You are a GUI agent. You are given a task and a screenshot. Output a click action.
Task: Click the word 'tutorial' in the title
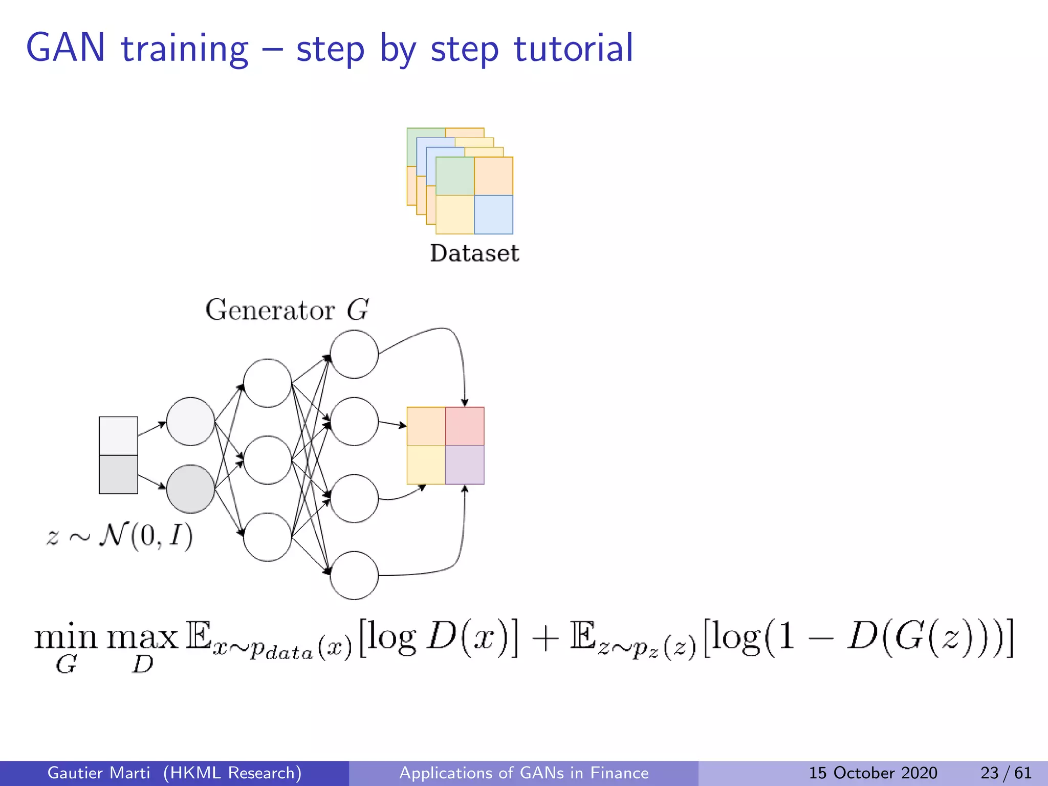point(573,48)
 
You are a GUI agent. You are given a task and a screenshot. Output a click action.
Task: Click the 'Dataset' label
point(474,253)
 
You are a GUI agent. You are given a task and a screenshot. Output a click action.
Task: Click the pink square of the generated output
point(465,426)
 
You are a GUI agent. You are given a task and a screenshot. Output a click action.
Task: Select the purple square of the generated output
point(465,465)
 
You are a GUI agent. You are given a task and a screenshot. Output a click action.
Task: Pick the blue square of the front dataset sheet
point(493,214)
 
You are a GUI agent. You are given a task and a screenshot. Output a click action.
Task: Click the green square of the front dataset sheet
point(455,176)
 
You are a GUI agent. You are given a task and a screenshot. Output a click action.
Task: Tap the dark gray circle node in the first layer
point(190,489)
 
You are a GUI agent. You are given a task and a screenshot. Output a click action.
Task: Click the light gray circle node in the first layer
point(190,421)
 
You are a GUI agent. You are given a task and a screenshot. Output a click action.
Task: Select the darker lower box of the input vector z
point(118,474)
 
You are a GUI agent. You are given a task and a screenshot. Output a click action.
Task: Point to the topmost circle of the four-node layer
point(354,354)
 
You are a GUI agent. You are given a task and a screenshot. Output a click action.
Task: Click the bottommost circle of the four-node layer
point(354,575)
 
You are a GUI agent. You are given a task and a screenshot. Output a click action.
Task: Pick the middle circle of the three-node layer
point(267,460)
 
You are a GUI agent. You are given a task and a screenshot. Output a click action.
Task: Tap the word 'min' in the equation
point(65,638)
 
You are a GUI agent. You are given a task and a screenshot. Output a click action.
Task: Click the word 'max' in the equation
point(142,638)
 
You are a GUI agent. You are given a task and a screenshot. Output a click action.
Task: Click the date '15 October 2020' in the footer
point(872,773)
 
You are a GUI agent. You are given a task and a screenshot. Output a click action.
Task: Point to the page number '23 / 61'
point(1006,773)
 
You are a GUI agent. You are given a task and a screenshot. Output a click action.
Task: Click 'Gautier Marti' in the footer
point(99,773)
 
